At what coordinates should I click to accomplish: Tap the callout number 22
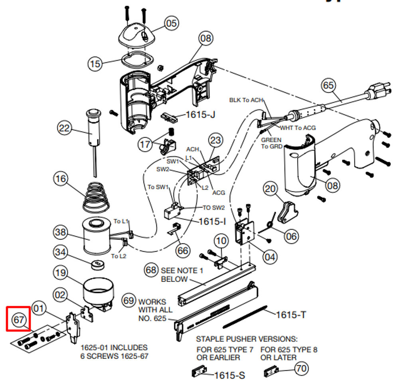[64, 128]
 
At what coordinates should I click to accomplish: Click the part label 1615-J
[200, 115]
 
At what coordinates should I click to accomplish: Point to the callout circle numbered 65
[329, 85]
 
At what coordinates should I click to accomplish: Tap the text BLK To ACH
[246, 100]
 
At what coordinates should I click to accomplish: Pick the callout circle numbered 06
[292, 236]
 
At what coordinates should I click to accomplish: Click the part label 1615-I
[212, 222]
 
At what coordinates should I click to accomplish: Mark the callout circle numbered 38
[61, 232]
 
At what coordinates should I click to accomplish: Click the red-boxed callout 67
[19, 320]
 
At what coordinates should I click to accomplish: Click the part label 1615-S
[229, 375]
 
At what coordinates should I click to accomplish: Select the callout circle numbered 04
[270, 256]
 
